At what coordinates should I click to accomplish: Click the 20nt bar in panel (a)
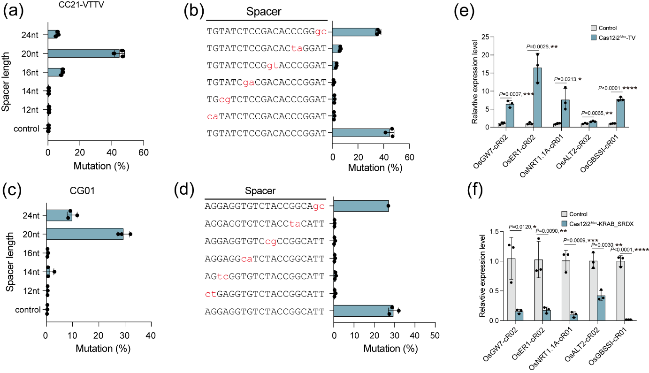(x=84, y=53)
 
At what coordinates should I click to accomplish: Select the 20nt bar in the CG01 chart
(x=84, y=234)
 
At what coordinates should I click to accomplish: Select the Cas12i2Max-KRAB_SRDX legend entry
(x=604, y=223)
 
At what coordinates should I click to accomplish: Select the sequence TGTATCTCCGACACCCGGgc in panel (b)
(x=267, y=32)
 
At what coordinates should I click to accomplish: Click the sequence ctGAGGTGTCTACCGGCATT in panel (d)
(x=265, y=294)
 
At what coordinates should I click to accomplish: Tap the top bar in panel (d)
(x=361, y=206)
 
